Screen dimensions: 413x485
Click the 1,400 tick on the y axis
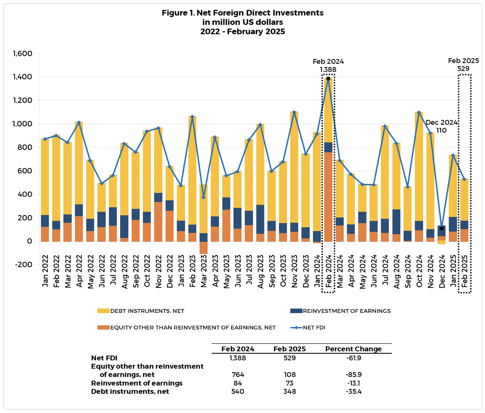pos(23,77)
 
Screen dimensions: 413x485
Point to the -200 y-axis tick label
pos(23,264)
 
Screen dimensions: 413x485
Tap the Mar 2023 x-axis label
pos(204,271)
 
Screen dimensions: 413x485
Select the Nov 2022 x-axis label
pos(158,271)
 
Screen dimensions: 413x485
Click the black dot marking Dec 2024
pos(442,228)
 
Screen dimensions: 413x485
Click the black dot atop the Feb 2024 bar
pos(328,79)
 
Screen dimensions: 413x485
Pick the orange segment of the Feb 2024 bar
pos(328,196)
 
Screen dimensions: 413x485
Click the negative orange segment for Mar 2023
pos(204,247)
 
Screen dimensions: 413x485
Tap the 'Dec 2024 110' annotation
pos(441,126)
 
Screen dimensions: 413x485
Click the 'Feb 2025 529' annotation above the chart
pos(463,65)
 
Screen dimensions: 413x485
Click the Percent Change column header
pos(353,349)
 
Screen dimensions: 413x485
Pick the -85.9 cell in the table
pos(353,375)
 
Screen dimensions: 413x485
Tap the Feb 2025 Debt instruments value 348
pos(290,392)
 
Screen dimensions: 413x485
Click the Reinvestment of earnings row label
pos(136,383)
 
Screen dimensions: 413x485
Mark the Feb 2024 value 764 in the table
pos(238,375)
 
